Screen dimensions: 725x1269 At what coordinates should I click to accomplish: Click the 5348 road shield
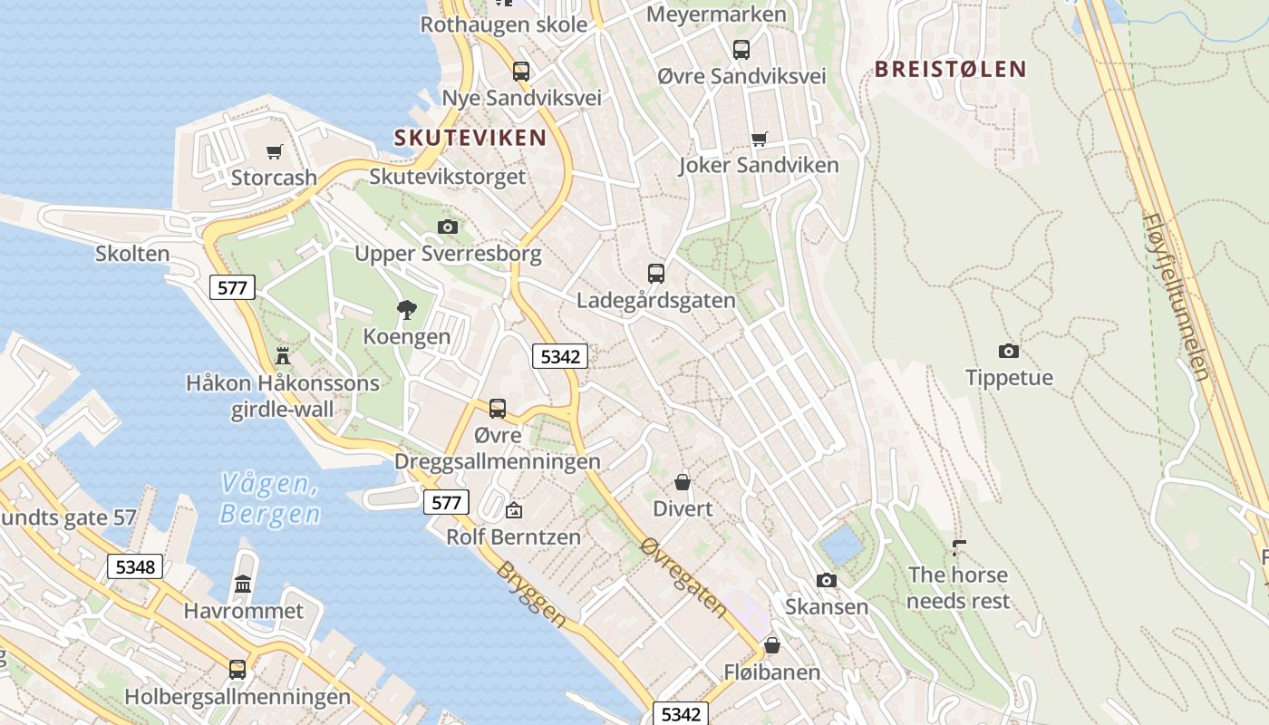point(135,567)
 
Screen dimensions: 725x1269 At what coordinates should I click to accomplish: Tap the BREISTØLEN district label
point(950,69)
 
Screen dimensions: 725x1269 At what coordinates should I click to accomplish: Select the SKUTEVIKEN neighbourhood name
point(470,138)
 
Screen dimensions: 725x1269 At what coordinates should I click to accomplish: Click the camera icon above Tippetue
point(1008,351)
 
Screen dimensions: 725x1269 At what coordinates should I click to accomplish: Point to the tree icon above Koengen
point(406,310)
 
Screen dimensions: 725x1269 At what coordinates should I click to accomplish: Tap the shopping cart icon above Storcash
point(274,151)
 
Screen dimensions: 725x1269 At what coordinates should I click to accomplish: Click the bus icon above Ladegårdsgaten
point(655,273)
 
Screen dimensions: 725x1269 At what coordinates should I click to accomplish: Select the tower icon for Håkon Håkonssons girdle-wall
point(283,355)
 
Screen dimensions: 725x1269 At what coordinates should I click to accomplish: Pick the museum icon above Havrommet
point(243,585)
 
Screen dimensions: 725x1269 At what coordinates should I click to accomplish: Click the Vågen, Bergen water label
point(270,498)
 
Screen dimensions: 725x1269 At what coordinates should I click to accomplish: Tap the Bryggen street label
point(531,594)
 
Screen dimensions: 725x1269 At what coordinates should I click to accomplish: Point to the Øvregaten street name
point(683,576)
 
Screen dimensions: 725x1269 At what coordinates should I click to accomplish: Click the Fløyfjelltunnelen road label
point(1177,296)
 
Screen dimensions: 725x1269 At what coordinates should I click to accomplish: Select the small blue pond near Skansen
point(840,546)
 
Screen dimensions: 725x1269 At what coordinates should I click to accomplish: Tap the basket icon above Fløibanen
point(771,645)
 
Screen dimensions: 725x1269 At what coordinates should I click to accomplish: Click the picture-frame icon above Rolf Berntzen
point(514,510)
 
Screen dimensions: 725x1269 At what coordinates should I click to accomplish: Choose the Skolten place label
point(132,254)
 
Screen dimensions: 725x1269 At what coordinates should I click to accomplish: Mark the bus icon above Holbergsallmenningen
point(237,670)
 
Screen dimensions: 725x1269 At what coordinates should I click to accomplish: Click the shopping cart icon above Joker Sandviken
point(759,139)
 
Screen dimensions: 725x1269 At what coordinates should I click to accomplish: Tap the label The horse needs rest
point(958,587)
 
